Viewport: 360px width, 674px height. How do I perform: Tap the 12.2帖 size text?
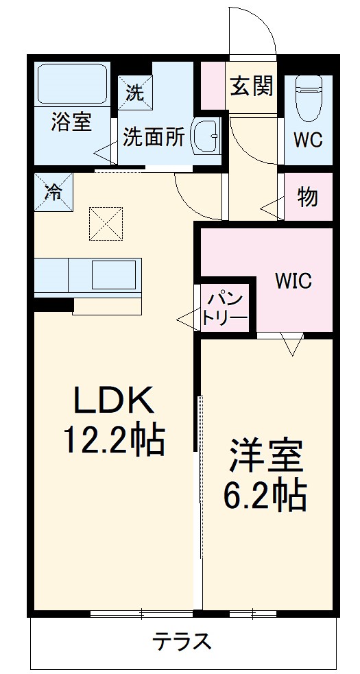[115, 440]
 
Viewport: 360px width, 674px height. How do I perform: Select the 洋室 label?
[266, 456]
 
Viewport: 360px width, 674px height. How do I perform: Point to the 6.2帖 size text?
[265, 495]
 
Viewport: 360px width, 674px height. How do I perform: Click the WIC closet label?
[293, 280]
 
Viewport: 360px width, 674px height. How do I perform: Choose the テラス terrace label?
[181, 642]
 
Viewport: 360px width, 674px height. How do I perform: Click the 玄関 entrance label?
[252, 86]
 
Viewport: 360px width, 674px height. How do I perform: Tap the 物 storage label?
[307, 197]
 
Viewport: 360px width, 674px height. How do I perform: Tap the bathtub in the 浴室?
[71, 84]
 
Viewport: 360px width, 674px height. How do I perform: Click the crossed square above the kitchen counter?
[106, 224]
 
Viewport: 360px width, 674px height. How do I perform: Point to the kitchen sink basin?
[114, 274]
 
